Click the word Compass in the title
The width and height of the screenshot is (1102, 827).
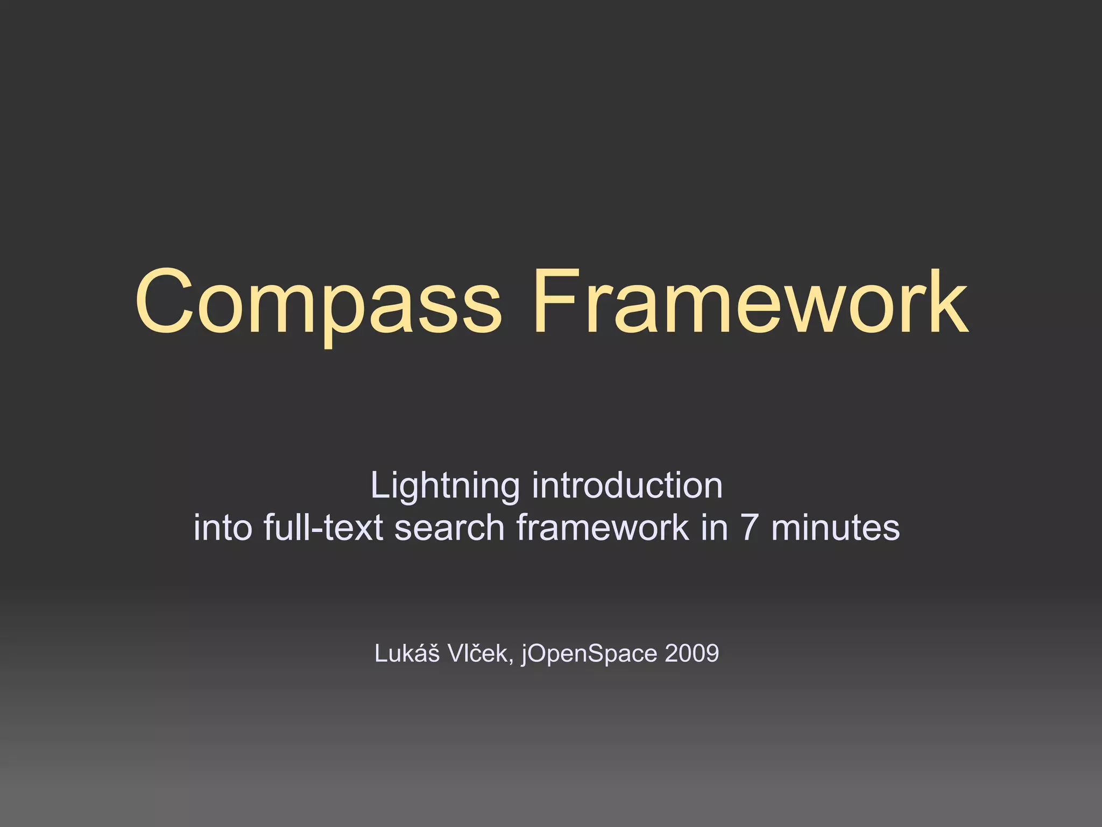317,304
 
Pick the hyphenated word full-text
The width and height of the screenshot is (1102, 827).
323,527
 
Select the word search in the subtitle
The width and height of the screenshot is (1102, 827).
449,527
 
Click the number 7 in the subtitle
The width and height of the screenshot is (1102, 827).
750,527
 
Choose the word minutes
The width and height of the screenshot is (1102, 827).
835,527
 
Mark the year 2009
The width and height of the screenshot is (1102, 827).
692,654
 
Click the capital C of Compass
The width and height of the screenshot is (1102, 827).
164,302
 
